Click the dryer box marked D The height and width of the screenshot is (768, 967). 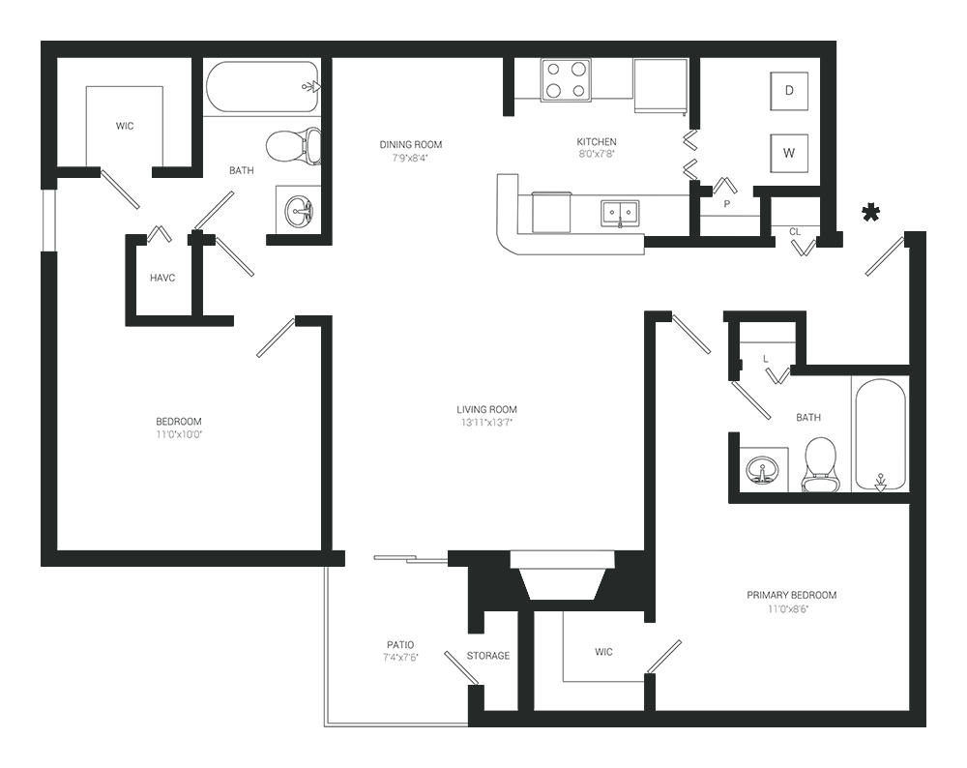coord(789,91)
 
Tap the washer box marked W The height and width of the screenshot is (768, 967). coord(789,153)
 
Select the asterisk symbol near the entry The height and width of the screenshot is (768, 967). coord(871,214)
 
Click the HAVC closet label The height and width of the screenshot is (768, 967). coord(162,279)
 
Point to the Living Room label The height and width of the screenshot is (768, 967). coord(486,409)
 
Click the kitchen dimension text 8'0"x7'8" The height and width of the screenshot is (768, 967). coord(597,154)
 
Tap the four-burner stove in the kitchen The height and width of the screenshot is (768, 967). coord(566,80)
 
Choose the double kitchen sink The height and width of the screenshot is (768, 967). coord(620,213)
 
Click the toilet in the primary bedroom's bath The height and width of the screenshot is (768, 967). coord(820,464)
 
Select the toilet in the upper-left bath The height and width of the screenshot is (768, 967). coord(294,147)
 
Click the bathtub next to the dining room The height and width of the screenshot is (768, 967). coord(262,87)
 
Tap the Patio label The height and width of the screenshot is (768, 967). coord(400,644)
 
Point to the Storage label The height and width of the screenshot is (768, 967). coord(487,655)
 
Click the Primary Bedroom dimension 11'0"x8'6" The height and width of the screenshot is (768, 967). coord(788,609)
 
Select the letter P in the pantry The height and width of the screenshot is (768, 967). coord(727,203)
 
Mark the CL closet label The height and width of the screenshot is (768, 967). coord(795,232)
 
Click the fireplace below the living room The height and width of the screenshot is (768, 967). coord(562,575)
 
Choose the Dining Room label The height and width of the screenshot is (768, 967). coord(411,144)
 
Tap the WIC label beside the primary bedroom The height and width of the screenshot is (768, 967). coord(603,651)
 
